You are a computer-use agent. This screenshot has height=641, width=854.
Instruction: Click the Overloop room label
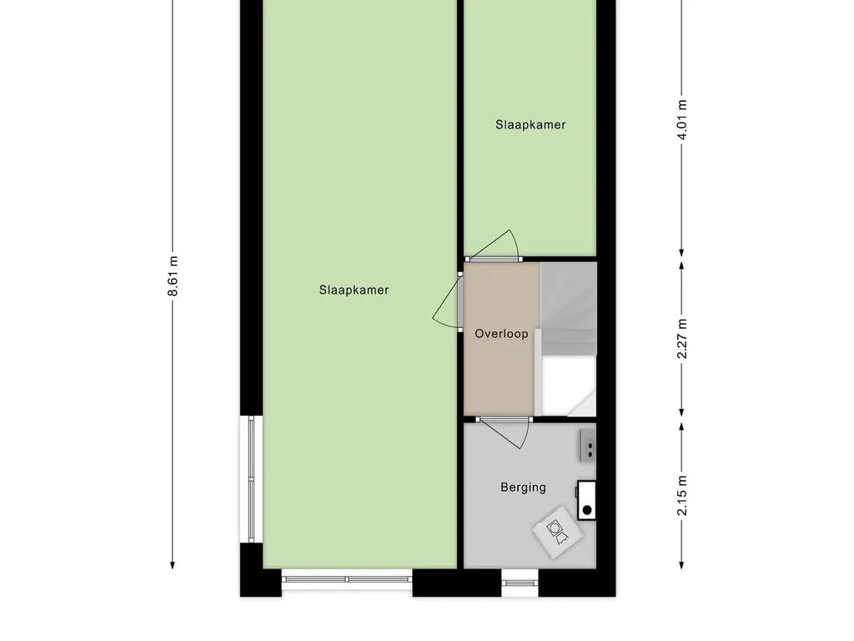pyautogui.click(x=501, y=334)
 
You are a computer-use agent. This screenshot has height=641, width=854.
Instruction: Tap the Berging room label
pyautogui.click(x=523, y=487)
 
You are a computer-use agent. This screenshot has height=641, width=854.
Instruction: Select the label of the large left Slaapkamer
pyautogui.click(x=354, y=290)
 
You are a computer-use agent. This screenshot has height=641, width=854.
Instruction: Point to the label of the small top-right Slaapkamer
pyautogui.click(x=530, y=125)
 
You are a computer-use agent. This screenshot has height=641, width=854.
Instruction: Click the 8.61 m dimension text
pyautogui.click(x=173, y=275)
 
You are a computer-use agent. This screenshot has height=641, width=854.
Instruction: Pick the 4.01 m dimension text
pyautogui.click(x=682, y=122)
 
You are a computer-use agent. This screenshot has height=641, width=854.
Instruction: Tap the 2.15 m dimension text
pyautogui.click(x=682, y=495)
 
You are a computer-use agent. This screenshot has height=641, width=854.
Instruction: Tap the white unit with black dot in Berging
pyautogui.click(x=587, y=501)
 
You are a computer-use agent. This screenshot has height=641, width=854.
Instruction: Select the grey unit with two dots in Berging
pyautogui.click(x=588, y=446)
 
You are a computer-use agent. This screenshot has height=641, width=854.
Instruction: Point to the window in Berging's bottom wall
pyautogui.click(x=520, y=582)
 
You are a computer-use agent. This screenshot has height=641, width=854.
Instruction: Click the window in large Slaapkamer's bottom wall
pyautogui.click(x=347, y=578)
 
